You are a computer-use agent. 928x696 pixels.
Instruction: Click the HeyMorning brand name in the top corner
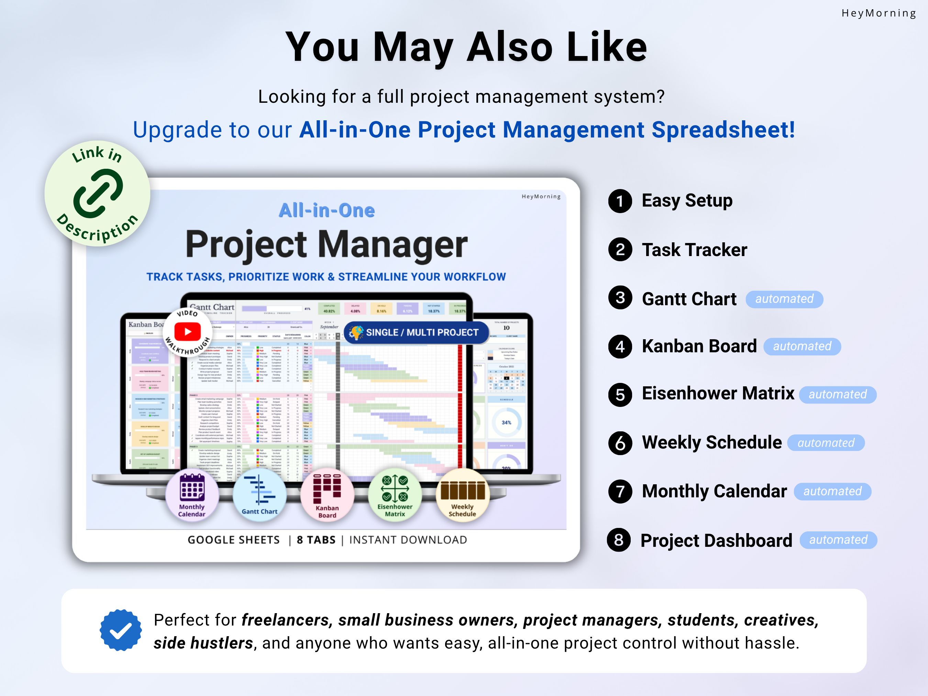[879, 13]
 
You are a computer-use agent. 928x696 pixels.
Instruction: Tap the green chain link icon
[98, 194]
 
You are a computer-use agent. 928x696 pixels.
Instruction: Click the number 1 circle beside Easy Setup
[620, 201]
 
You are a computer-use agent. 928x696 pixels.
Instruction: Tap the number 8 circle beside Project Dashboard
[618, 540]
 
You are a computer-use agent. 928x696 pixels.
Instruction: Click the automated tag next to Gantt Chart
[784, 299]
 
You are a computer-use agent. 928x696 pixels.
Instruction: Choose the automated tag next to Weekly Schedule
[826, 443]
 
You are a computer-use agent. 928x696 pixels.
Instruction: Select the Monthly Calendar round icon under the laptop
[192, 495]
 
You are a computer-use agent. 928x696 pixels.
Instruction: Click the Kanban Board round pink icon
[327, 495]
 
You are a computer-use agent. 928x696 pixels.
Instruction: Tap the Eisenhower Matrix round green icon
[395, 495]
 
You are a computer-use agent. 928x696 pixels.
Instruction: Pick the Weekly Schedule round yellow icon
[462, 495]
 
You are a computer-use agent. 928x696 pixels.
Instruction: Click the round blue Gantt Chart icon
[260, 495]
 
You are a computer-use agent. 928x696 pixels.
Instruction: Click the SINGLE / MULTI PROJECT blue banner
[416, 332]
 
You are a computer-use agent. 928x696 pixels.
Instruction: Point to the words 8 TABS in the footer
[316, 540]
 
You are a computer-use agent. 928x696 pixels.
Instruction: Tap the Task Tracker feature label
[694, 250]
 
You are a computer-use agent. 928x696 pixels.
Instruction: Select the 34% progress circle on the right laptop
[506, 422]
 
